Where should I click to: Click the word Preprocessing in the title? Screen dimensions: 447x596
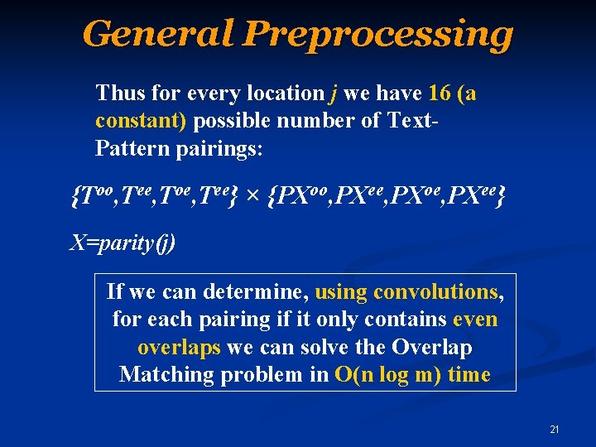pos(378,35)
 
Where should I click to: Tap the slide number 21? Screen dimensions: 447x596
pos(555,429)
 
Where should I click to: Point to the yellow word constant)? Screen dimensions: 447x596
pos(141,121)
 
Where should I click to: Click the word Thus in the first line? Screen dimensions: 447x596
pos(118,94)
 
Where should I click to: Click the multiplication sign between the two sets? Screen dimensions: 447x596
pos(253,197)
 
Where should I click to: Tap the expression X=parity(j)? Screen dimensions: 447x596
pos(122,245)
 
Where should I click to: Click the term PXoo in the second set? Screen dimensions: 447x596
pos(303,196)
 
